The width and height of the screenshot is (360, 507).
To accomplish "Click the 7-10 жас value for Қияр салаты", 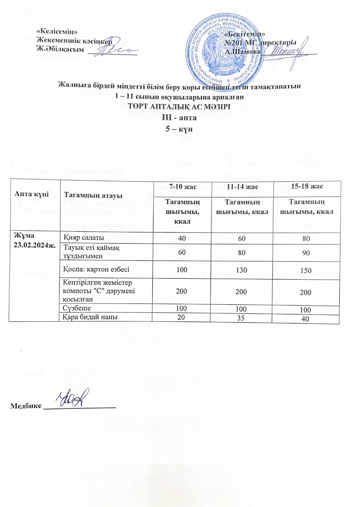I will pos(181,238).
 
